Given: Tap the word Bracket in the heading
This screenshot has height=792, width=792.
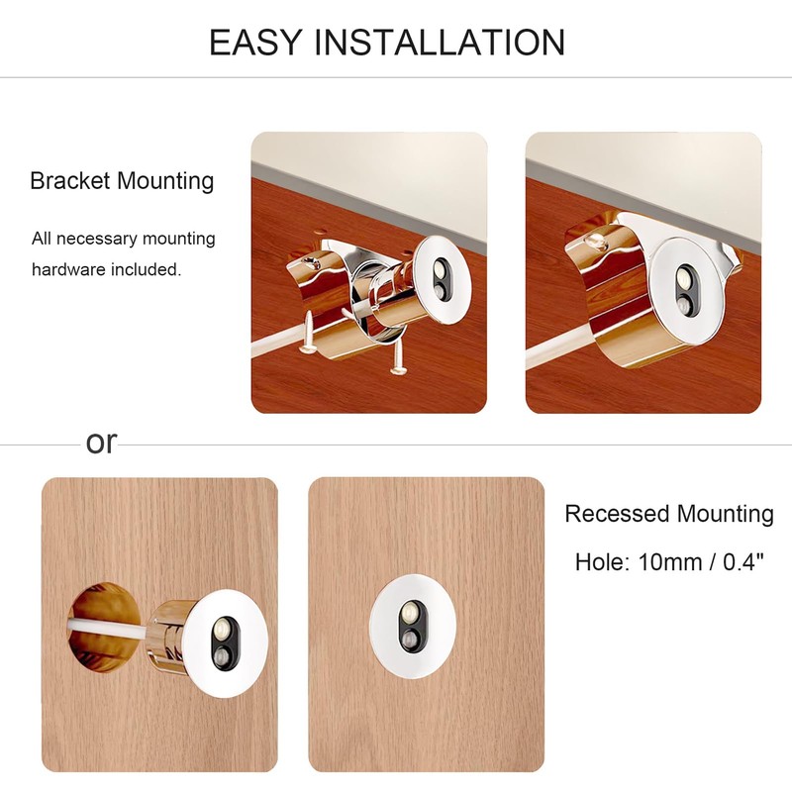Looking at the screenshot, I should (x=69, y=181).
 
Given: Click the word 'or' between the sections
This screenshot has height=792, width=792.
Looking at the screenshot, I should (x=101, y=443).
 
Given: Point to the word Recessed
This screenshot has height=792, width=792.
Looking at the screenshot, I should (x=617, y=514).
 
